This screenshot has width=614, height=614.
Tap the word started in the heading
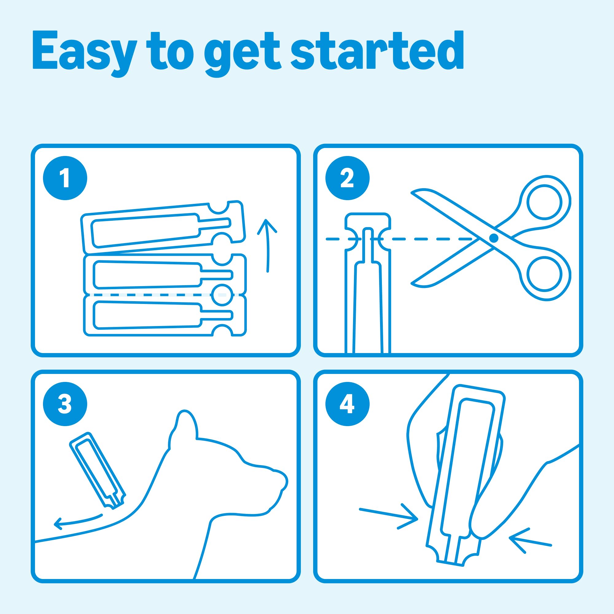click(x=377, y=50)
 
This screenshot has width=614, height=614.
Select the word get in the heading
click(x=243, y=54)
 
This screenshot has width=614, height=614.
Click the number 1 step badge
click(x=65, y=178)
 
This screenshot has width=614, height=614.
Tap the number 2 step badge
click(x=347, y=178)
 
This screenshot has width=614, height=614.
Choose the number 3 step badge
click(x=65, y=404)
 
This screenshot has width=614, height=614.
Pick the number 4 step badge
click(x=347, y=404)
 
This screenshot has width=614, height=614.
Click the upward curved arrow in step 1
click(x=268, y=245)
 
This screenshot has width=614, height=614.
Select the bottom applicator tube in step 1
click(x=165, y=316)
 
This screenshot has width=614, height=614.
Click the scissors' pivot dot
click(x=494, y=238)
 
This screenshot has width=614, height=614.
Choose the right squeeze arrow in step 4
click(x=530, y=540)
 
